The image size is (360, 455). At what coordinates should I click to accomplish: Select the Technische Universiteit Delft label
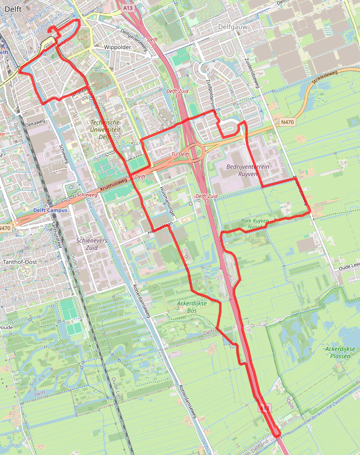(105, 130)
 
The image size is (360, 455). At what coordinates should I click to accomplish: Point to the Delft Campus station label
(50, 210)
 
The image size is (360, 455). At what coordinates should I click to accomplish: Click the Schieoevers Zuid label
(91, 244)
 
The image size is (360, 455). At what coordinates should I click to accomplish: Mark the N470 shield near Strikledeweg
(287, 122)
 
